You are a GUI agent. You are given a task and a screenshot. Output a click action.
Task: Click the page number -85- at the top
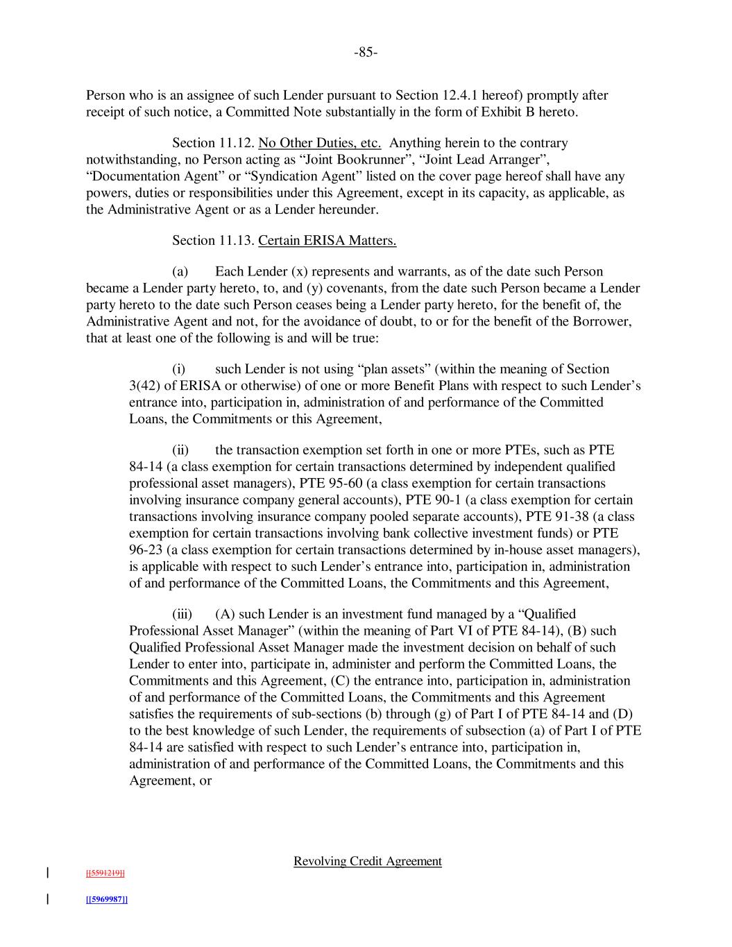click(366, 53)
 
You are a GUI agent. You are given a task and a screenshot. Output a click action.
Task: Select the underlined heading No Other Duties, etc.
click(320, 143)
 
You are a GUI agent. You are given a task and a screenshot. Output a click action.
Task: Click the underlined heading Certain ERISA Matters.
click(327, 240)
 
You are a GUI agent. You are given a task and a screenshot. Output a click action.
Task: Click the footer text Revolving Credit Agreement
click(368, 861)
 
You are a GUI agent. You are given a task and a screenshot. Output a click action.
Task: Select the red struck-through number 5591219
click(105, 873)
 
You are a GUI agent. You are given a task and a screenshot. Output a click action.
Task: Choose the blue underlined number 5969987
click(106, 899)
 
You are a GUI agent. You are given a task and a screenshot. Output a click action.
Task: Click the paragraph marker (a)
click(180, 271)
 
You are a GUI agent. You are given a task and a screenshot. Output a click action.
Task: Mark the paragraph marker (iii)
click(182, 614)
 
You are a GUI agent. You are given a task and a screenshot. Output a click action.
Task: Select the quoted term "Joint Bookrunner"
click(359, 160)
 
